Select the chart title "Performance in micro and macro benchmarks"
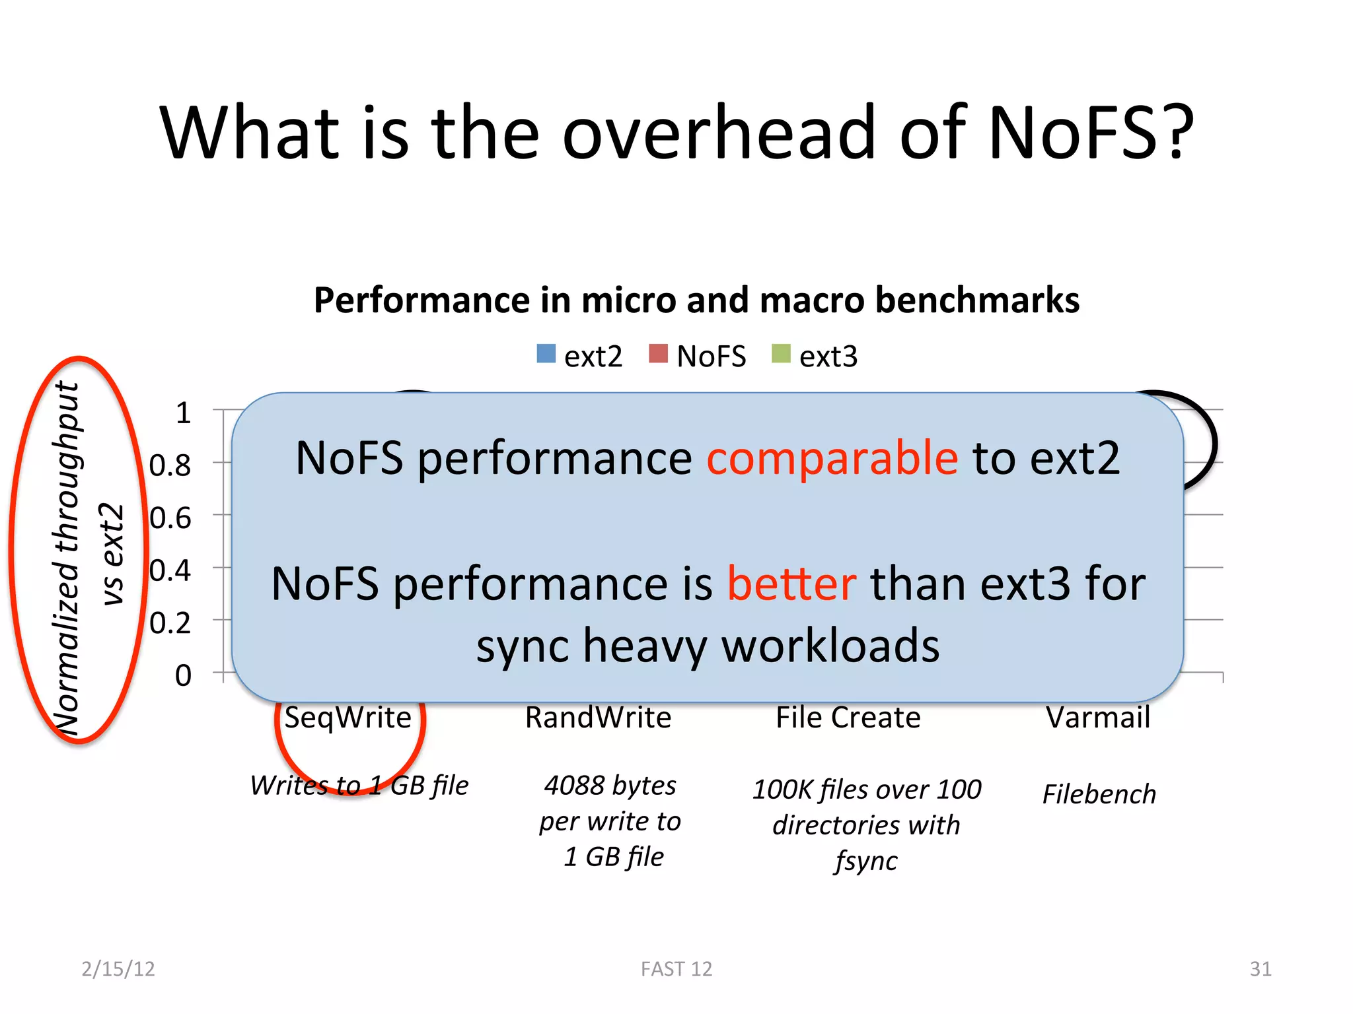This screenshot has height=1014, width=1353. tap(696, 300)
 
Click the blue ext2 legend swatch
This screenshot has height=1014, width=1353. tap(546, 355)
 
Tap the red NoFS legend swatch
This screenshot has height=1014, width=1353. tap(658, 355)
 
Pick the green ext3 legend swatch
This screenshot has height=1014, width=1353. tap(781, 355)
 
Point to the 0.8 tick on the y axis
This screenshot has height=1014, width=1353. tap(170, 465)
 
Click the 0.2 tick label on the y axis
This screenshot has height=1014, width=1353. tap(170, 623)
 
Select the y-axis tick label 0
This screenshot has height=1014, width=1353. tap(183, 675)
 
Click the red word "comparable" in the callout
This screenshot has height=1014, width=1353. tap(832, 457)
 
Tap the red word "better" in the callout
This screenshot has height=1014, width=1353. tap(791, 584)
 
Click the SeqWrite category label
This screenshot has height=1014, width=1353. tap(347, 718)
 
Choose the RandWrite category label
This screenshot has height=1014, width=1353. tap(598, 718)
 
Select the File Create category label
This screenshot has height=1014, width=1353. tap(848, 718)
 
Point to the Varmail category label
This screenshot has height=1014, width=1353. tap(1098, 718)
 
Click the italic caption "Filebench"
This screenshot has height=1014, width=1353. tap(1099, 794)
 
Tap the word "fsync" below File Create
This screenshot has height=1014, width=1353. tap(866, 861)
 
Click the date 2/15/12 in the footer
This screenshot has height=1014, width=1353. tap(118, 968)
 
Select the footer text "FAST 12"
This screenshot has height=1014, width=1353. tap(676, 968)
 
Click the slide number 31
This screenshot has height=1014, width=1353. tap(1261, 968)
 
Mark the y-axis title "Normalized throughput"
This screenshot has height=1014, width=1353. tap(67, 558)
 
